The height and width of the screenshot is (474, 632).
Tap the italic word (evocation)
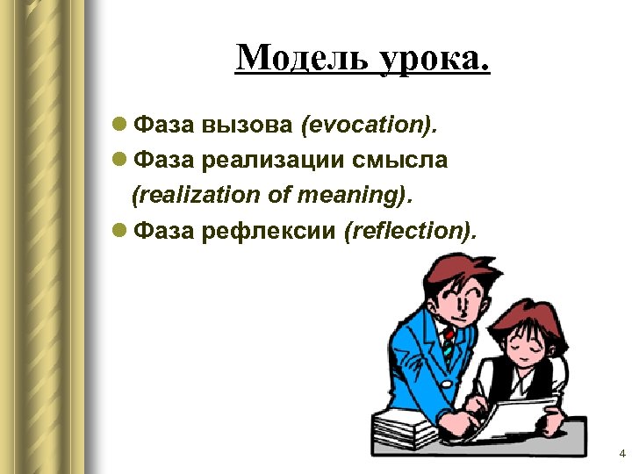tap(369, 125)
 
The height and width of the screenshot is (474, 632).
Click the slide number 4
tap(621, 454)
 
